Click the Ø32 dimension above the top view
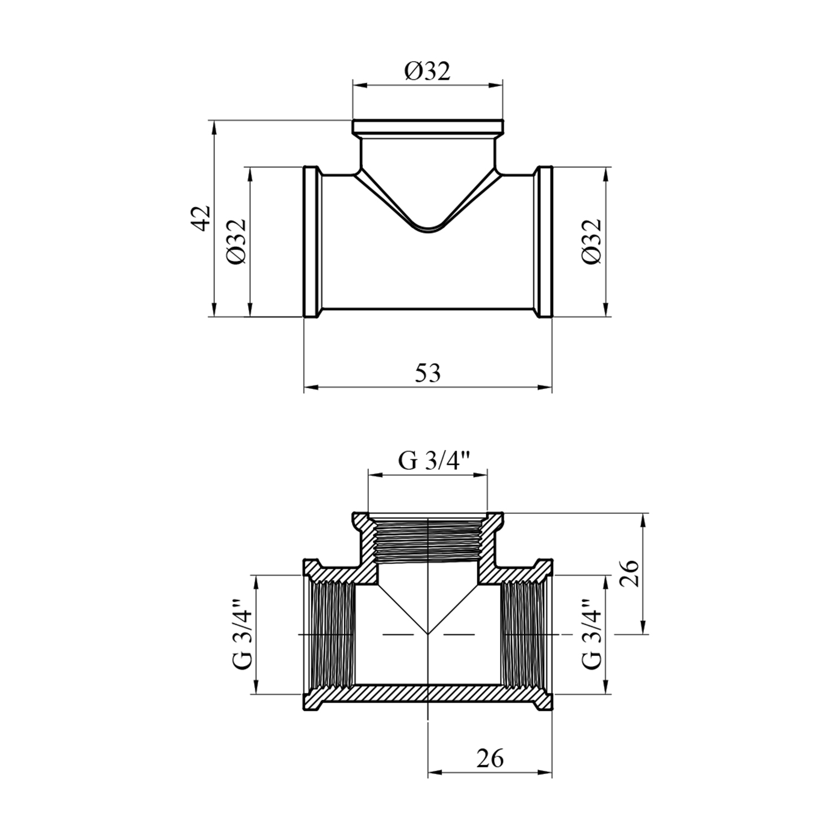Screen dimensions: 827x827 [x=427, y=71]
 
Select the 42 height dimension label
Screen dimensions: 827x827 [x=202, y=218]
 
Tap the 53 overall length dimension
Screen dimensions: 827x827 [x=428, y=373]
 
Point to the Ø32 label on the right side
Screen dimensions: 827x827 [x=590, y=241]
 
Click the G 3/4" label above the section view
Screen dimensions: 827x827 [x=434, y=460]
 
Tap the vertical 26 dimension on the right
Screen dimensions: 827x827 [x=630, y=573]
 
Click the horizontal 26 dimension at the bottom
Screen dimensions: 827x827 [x=490, y=759]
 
